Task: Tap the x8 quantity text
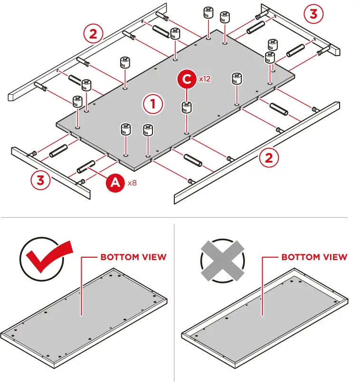pyautogui.click(x=132, y=183)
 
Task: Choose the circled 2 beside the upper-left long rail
pyautogui.click(x=93, y=34)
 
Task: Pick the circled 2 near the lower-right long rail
pyautogui.click(x=269, y=158)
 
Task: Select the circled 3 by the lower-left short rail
pyautogui.click(x=41, y=180)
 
